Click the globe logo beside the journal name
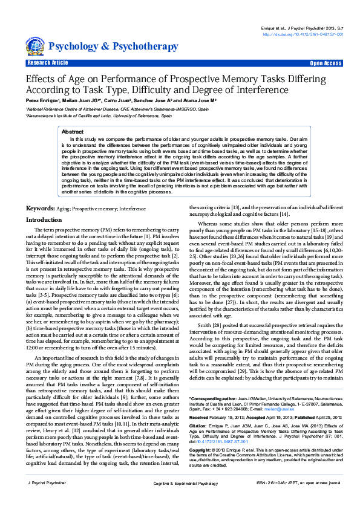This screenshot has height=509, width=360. [x=35, y=46]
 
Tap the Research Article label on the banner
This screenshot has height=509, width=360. [x=47, y=63]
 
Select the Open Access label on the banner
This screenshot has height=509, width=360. [x=326, y=63]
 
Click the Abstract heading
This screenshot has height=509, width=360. [x=73, y=131]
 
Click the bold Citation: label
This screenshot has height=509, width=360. [x=199, y=426]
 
